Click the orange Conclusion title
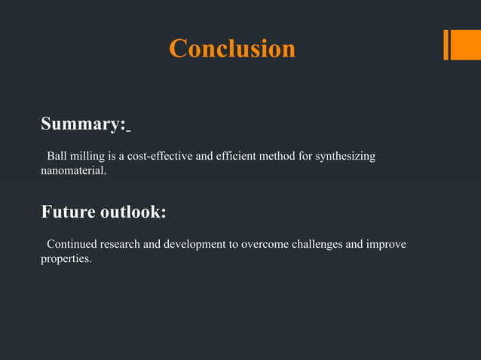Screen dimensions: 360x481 click(x=232, y=48)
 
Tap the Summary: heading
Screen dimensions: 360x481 click(x=83, y=124)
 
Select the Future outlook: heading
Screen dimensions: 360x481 click(x=103, y=212)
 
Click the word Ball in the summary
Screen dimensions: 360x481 click(x=57, y=157)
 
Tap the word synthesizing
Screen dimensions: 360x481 click(x=344, y=157)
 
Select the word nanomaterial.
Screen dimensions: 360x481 click(x=73, y=172)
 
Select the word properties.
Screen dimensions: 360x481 click(x=66, y=259)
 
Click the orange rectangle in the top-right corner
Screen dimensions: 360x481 click(x=461, y=44)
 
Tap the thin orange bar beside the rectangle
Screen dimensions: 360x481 click(x=446, y=44)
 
